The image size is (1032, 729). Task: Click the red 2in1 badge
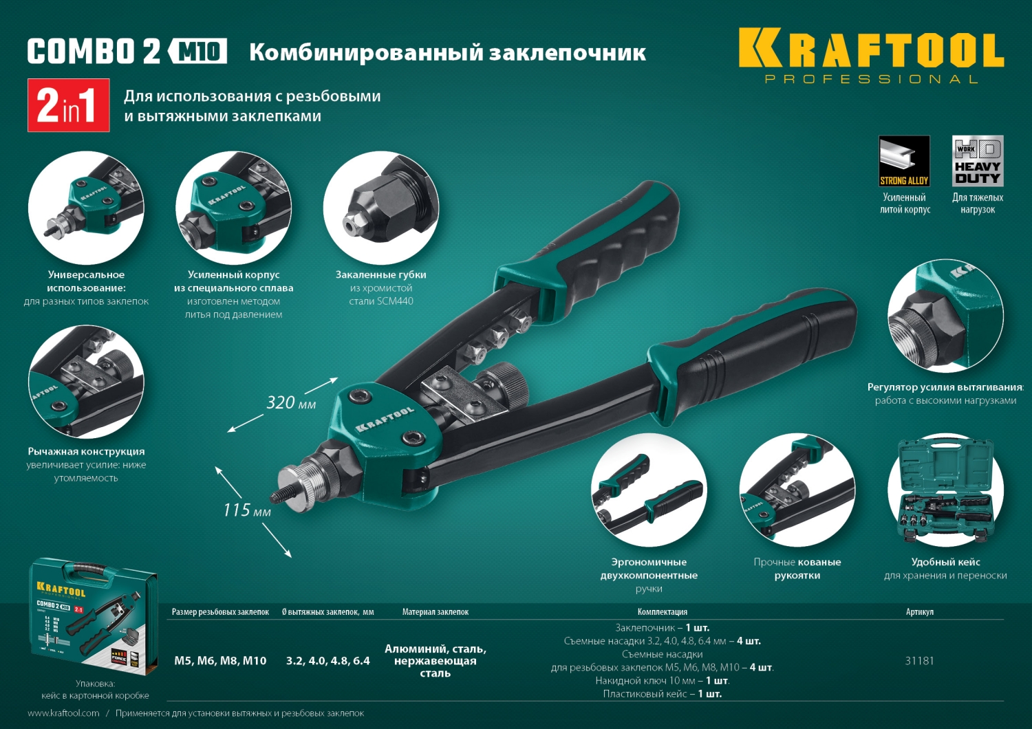(68, 105)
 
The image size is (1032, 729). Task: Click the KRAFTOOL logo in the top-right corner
(870, 55)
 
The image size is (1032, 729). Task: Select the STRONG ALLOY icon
(904, 161)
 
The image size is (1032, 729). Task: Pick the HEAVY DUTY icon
(977, 161)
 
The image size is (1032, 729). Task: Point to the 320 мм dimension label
(291, 403)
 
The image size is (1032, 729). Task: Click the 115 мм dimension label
(246, 510)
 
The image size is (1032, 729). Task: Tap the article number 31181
(919, 661)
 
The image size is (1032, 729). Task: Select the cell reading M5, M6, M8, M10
(220, 661)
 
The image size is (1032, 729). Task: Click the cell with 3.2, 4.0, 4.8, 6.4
(327, 661)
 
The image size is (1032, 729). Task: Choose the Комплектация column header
(662, 612)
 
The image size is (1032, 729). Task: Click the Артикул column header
(919, 612)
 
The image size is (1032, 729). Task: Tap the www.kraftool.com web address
(63, 713)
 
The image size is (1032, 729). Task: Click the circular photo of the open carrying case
(945, 490)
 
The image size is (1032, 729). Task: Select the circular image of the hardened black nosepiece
(380, 208)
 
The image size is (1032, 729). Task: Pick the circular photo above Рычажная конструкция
(86, 382)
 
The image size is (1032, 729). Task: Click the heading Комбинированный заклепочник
(447, 53)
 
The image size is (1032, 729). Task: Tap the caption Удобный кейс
(945, 562)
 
